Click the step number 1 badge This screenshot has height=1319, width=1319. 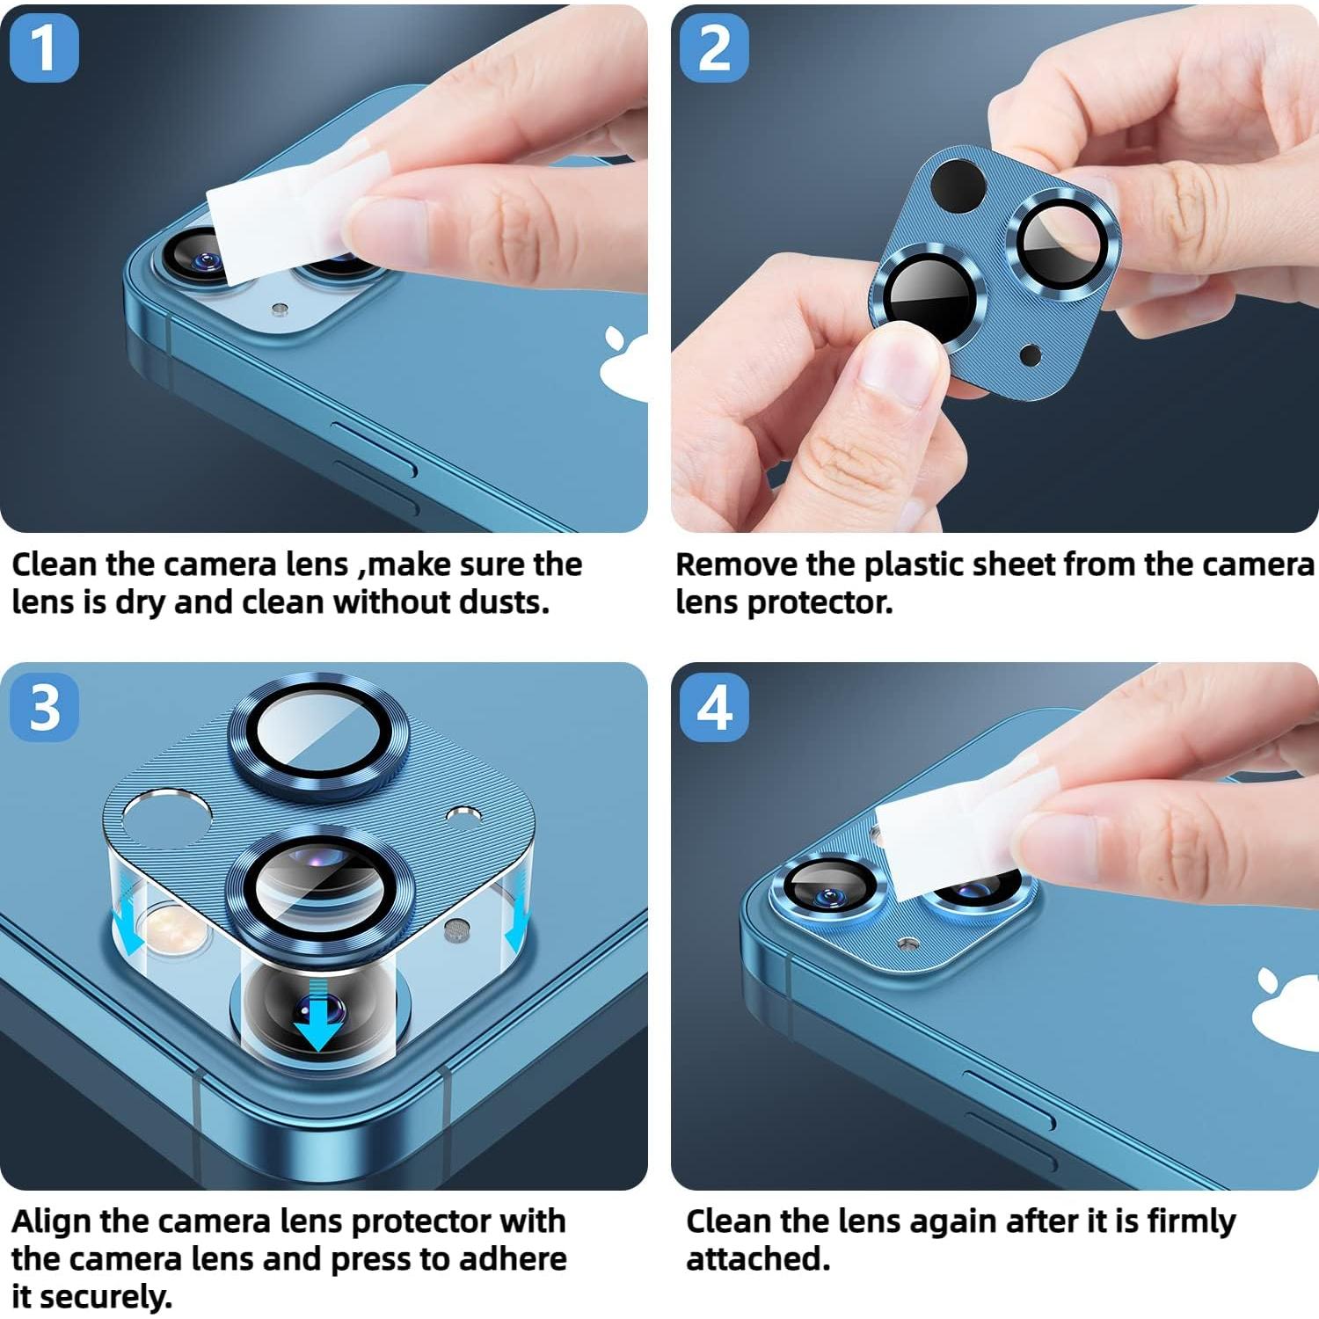click(x=43, y=47)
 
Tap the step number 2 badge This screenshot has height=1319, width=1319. click(x=714, y=47)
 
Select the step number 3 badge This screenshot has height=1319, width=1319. click(x=43, y=706)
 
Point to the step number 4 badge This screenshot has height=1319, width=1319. click(x=714, y=706)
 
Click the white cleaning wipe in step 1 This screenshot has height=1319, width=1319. click(x=290, y=215)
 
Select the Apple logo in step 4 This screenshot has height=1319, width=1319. click(x=1286, y=1008)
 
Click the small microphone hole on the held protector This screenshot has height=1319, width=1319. click(x=1030, y=355)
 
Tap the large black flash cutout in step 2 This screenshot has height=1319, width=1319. click(x=958, y=186)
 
